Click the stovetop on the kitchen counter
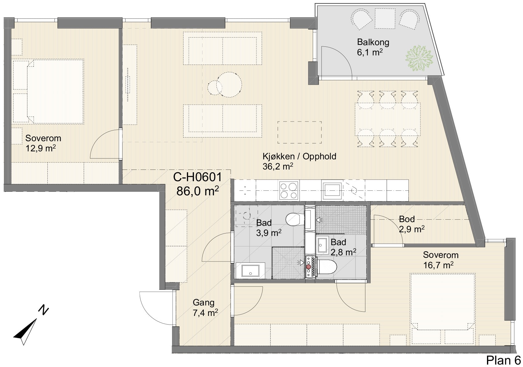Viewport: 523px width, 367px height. pyautogui.click(x=289, y=190)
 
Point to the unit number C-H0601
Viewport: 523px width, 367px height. pyautogui.click(x=197, y=177)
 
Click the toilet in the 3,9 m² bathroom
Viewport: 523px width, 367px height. pyautogui.click(x=295, y=219)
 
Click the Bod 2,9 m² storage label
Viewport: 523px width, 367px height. pyautogui.click(x=411, y=224)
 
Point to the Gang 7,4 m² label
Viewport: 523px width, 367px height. pyautogui.click(x=205, y=308)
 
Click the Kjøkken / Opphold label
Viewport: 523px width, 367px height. pyautogui.click(x=299, y=156)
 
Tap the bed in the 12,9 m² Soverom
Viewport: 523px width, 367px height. pyautogui.click(x=48, y=91)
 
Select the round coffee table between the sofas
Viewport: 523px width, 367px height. pyautogui.click(x=229, y=85)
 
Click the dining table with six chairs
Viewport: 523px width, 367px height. pyautogui.click(x=387, y=119)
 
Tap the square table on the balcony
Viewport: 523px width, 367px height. pyautogui.click(x=385, y=18)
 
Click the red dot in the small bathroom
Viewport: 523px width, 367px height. pyautogui.click(x=308, y=266)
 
